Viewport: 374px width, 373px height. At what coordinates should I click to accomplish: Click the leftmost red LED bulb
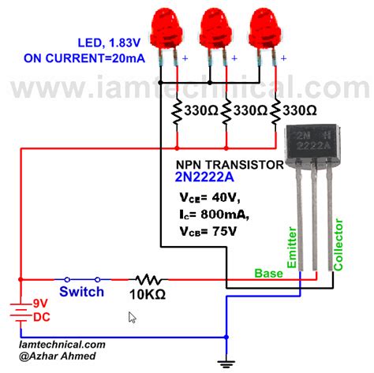[166, 29]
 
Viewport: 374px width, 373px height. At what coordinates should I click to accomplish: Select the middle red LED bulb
[215, 29]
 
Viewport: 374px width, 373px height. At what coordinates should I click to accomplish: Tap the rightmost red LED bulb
[265, 29]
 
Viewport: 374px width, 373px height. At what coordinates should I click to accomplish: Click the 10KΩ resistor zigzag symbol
[148, 280]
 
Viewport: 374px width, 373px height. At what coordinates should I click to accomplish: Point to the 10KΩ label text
[148, 295]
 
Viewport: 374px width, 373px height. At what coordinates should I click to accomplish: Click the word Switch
[81, 292]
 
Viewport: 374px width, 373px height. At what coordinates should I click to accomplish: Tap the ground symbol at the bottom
[226, 364]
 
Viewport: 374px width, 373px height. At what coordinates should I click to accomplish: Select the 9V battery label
[40, 304]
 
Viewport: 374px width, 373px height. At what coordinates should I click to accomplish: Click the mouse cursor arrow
[133, 317]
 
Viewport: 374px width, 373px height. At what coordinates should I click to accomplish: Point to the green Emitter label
[292, 248]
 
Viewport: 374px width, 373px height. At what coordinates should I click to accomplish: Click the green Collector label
[338, 244]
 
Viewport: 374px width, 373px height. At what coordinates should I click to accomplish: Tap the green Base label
[268, 274]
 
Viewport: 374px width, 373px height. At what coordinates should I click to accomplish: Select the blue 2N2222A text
[204, 177]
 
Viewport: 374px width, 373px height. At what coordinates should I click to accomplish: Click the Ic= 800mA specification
[214, 214]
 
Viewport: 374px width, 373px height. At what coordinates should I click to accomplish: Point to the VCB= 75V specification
[208, 231]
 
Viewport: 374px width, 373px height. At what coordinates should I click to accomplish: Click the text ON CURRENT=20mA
[84, 58]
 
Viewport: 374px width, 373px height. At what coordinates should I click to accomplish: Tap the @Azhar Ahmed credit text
[58, 356]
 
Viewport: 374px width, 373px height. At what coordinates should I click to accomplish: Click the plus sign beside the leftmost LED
[185, 58]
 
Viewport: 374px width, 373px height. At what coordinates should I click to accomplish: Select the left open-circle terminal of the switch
[67, 279]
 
